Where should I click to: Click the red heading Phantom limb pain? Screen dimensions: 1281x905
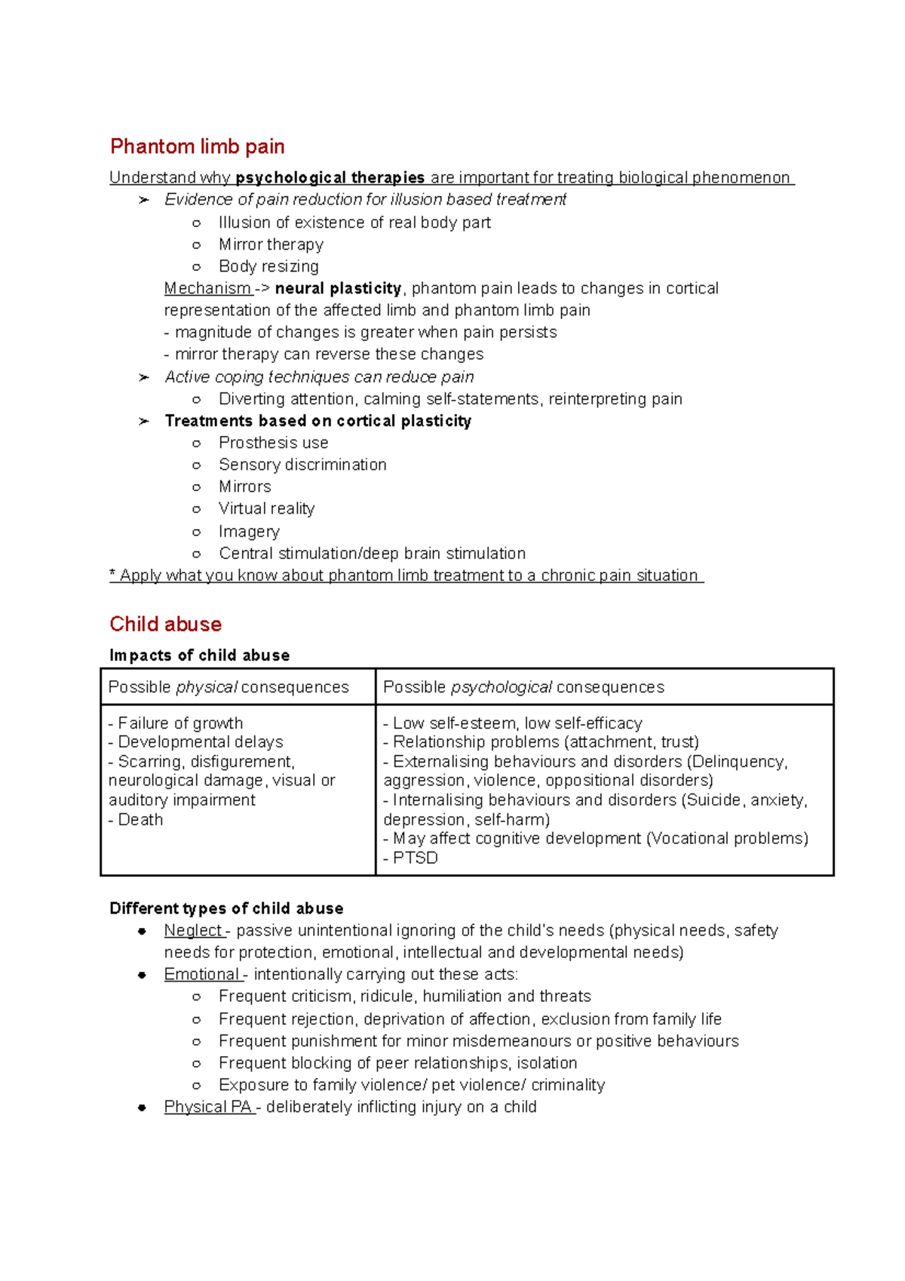[197, 146]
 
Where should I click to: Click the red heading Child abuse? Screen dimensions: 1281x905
[165, 624]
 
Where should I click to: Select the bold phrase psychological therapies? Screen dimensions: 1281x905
[330, 178]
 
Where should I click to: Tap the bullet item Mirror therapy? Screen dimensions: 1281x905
[271, 244]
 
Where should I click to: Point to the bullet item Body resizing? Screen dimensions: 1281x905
[268, 266]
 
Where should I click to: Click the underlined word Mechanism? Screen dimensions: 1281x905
[207, 288]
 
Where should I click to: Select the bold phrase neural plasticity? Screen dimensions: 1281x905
[338, 288]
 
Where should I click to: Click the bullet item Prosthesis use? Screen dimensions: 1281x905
[273, 443]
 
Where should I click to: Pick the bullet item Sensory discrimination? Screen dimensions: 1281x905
[302, 465]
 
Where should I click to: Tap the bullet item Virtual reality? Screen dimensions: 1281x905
[266, 508]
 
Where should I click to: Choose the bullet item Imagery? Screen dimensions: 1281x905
[249, 531]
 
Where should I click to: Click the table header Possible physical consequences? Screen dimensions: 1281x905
[229, 687]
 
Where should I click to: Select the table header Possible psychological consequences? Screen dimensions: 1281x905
[523, 687]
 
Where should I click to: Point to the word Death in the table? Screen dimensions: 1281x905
[140, 819]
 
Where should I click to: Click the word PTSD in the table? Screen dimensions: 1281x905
[415, 858]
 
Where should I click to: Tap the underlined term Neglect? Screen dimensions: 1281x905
[193, 930]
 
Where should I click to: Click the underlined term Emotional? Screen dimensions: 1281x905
[201, 975]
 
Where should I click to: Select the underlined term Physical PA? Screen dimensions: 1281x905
[207, 1107]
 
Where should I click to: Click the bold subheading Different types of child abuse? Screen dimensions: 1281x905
[226, 908]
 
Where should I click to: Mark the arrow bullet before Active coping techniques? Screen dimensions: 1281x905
[143, 377]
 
